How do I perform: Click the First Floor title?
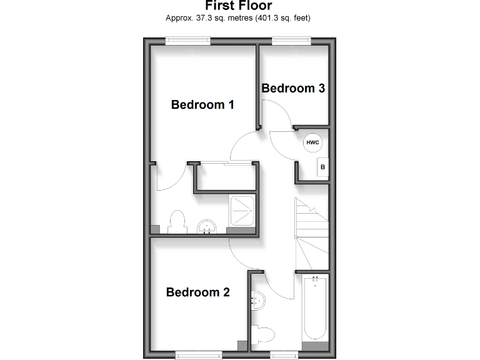coord(238,6)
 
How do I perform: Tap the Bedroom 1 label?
coord(202,104)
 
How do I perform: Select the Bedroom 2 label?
coord(197,292)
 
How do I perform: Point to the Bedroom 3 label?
coord(293,88)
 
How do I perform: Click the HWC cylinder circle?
coord(312,143)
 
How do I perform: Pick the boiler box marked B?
coord(322,167)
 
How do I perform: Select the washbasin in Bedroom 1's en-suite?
coord(206,226)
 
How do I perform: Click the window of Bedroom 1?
coord(187,41)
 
